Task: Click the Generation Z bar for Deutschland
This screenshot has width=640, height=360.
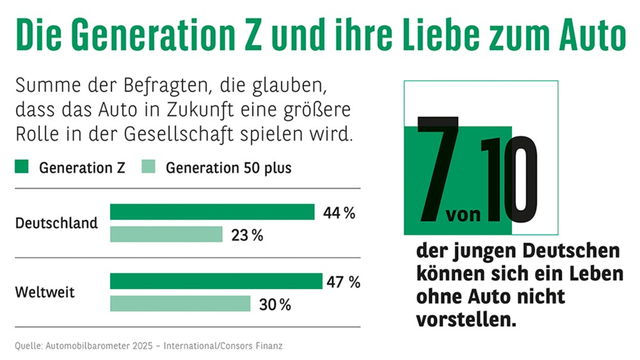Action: coord(212,212)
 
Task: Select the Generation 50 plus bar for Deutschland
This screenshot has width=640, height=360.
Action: coord(166,234)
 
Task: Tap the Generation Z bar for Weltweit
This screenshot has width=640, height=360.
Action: coord(216,281)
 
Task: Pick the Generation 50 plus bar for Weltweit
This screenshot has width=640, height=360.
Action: coord(180,303)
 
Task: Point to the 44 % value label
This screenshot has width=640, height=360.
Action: coord(339,213)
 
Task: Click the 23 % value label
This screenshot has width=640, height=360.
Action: coord(247,235)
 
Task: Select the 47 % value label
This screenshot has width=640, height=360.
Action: coord(344,282)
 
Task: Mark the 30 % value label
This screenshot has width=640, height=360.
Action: coord(275,305)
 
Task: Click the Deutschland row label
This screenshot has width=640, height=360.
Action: coord(57,222)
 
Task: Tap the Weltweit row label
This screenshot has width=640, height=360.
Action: coord(45,292)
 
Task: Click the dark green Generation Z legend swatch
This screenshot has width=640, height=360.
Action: coord(21,167)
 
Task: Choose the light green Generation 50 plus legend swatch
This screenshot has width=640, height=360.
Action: coord(148,167)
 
